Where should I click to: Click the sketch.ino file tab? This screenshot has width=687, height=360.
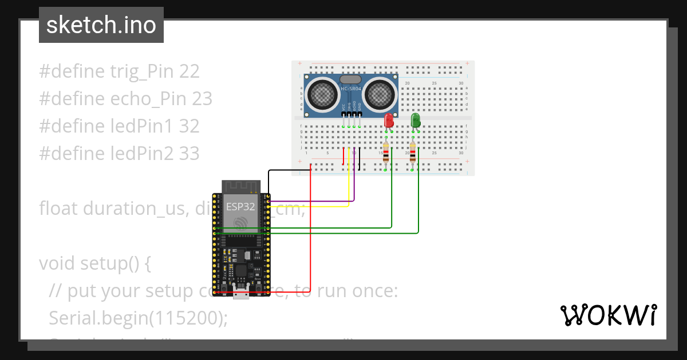click(x=101, y=25)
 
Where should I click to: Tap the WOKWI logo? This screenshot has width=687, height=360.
click(x=607, y=315)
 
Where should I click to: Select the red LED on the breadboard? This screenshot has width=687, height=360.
click(x=389, y=120)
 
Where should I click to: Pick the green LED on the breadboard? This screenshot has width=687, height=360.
click(x=416, y=120)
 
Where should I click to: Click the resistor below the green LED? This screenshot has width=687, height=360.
click(x=413, y=153)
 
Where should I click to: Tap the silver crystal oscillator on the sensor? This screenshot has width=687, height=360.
click(x=350, y=79)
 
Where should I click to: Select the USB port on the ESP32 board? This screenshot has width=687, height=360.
click(x=241, y=295)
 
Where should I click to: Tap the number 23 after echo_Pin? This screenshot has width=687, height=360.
click(x=202, y=99)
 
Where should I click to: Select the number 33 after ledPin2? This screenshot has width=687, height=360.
click(x=189, y=153)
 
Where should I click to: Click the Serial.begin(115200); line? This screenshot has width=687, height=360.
click(x=138, y=318)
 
